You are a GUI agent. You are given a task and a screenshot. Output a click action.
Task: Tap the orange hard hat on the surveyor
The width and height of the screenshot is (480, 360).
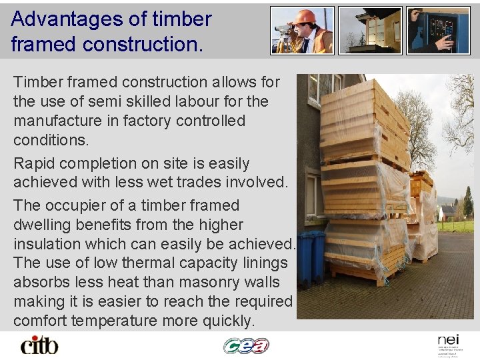click(x=305, y=17)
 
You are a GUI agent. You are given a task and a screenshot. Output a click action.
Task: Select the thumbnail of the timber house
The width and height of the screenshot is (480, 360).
click(x=370, y=31)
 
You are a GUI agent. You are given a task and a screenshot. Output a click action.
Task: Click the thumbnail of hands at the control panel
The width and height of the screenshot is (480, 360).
click(x=438, y=31)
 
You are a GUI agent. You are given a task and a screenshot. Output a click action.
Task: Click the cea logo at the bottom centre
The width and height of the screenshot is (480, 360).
click(x=246, y=345)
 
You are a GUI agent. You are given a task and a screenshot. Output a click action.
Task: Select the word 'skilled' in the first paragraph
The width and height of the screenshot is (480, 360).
click(x=166, y=101)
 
